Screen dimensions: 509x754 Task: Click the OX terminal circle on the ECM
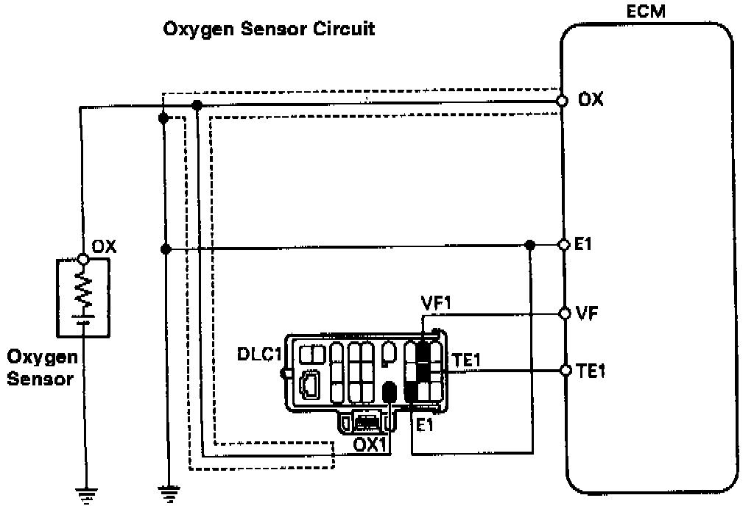[563, 100]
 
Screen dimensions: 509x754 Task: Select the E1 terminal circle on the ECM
[563, 244]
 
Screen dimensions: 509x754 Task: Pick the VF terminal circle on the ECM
[565, 313]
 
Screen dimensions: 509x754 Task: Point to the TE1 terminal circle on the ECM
[565, 370]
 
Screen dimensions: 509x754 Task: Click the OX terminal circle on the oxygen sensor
[83, 259]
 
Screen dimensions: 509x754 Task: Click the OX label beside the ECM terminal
[591, 99]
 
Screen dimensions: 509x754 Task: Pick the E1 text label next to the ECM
[583, 244]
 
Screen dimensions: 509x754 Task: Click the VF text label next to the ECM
[586, 313]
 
